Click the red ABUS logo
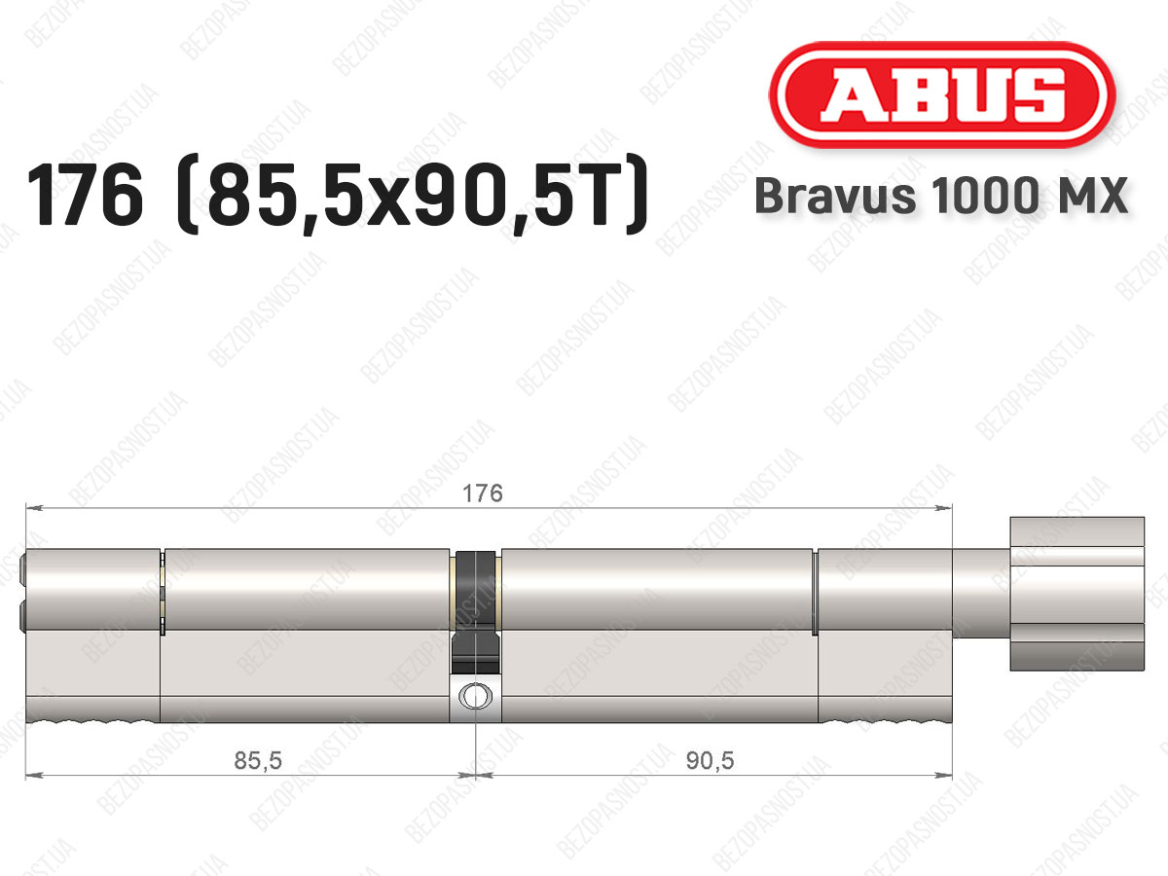point(942,94)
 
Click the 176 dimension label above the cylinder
point(483,493)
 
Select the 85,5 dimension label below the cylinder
point(258,761)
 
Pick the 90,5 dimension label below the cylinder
point(710,761)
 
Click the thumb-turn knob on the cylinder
point(1077,593)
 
